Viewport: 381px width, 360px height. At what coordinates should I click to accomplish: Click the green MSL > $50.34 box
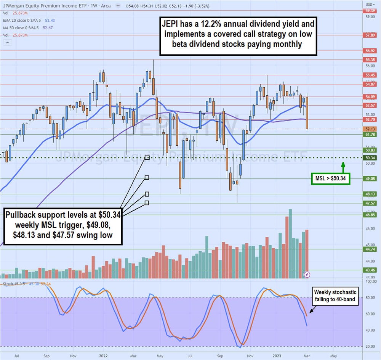pos(331,178)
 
